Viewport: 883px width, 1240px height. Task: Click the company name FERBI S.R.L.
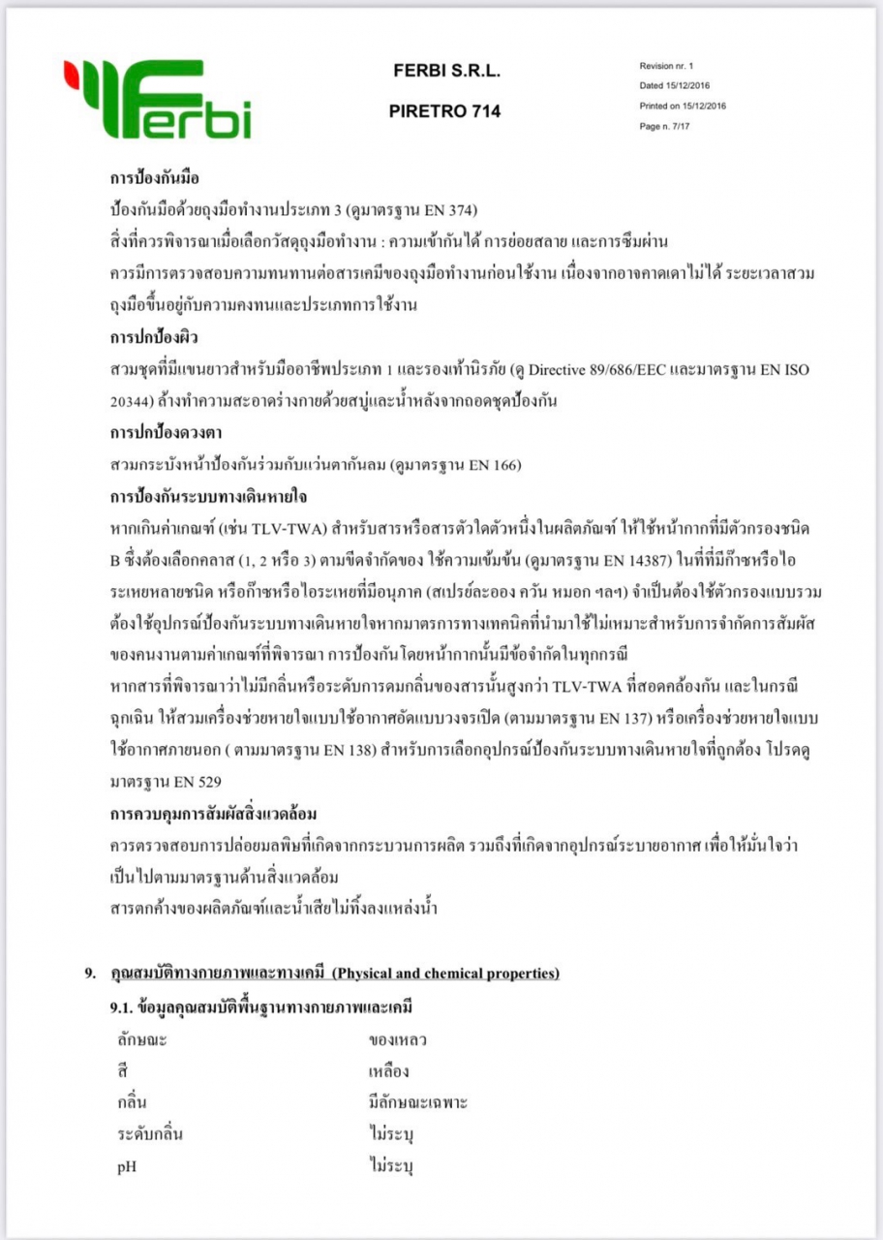click(446, 71)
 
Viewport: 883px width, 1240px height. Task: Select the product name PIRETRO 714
click(444, 111)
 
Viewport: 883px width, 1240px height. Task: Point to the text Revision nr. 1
click(667, 67)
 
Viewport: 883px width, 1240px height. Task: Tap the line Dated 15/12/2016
click(674, 86)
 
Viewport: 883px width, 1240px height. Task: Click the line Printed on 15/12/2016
click(683, 106)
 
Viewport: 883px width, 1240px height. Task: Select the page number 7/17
click(684, 126)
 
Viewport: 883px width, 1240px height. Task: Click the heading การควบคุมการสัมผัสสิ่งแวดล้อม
click(214, 813)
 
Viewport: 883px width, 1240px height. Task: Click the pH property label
click(127, 1166)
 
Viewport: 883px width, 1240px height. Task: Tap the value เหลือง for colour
click(390, 1071)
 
